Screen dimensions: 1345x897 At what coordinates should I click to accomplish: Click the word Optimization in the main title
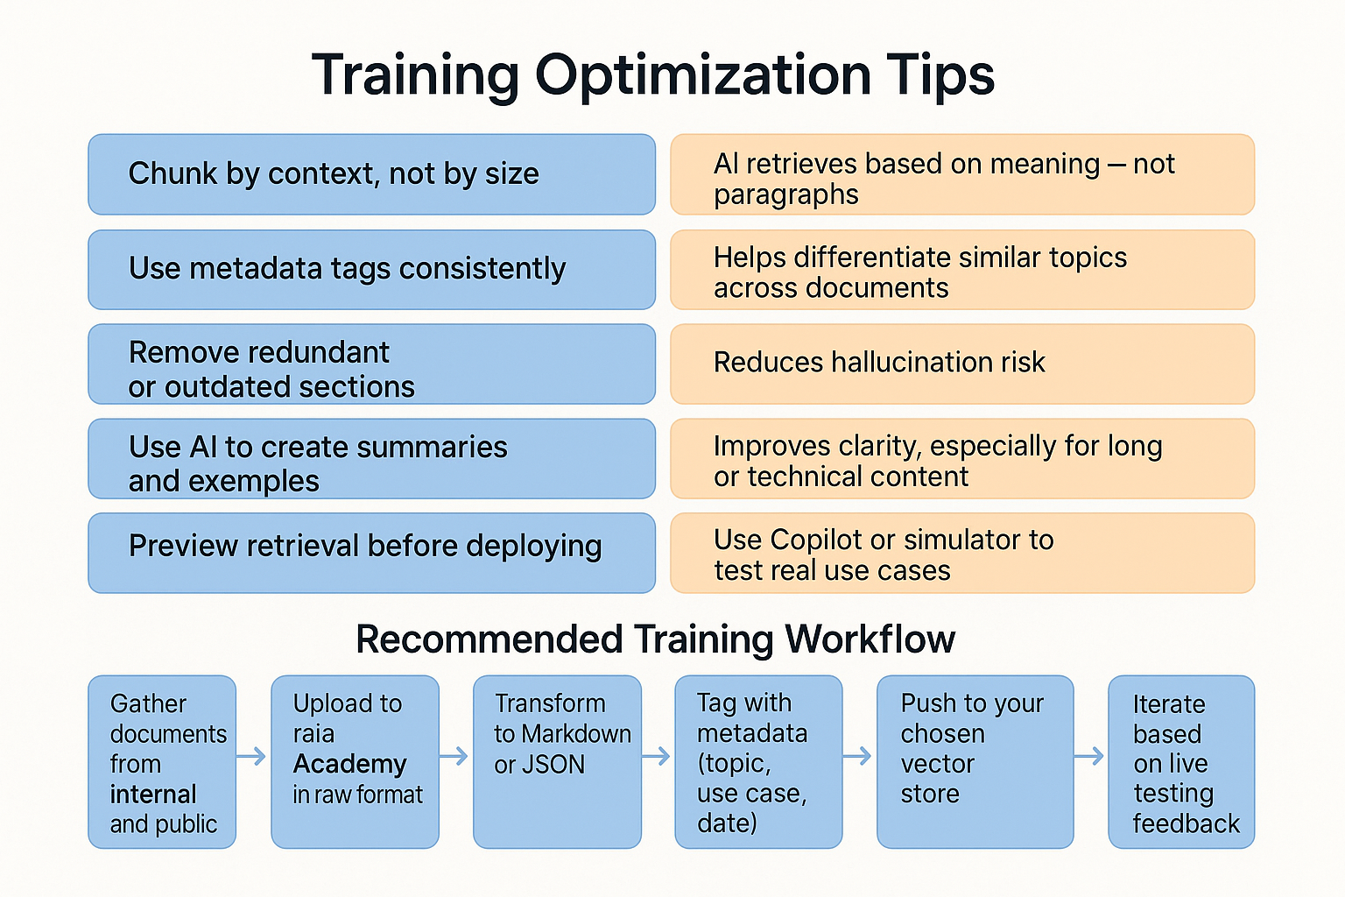pyautogui.click(x=702, y=77)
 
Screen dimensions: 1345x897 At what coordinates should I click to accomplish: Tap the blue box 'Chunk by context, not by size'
pyautogui.click(x=371, y=174)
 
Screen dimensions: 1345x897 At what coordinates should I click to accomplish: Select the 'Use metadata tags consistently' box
pyautogui.click(x=371, y=270)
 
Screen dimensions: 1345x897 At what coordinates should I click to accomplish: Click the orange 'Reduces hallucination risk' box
pyautogui.click(x=962, y=364)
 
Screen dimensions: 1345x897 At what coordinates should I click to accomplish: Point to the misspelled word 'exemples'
pyautogui.click(x=262, y=481)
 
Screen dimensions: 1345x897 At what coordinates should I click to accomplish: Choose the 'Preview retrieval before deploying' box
pyautogui.click(x=371, y=553)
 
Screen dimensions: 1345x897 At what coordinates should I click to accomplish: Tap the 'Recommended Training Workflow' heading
pyautogui.click(x=655, y=639)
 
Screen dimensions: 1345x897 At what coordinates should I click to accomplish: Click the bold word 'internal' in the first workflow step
pyautogui.click(x=153, y=795)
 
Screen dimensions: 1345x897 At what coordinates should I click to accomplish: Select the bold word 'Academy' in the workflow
pyautogui.click(x=349, y=764)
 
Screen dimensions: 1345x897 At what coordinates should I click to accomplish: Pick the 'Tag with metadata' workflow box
pyautogui.click(x=758, y=762)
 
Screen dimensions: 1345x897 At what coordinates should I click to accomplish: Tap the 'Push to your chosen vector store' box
pyautogui.click(x=975, y=762)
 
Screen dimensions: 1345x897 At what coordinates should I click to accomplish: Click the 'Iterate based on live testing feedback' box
pyautogui.click(x=1181, y=762)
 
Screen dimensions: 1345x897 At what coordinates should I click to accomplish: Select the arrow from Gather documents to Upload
pyautogui.click(x=251, y=756)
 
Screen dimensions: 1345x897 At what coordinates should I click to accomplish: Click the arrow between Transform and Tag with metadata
pyautogui.click(x=656, y=756)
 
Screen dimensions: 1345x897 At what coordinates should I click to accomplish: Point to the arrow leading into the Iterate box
pyautogui.click(x=1088, y=756)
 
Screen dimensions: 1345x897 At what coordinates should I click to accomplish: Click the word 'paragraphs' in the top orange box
pyautogui.click(x=786, y=195)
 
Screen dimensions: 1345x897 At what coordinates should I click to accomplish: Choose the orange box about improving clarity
pyautogui.click(x=962, y=458)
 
